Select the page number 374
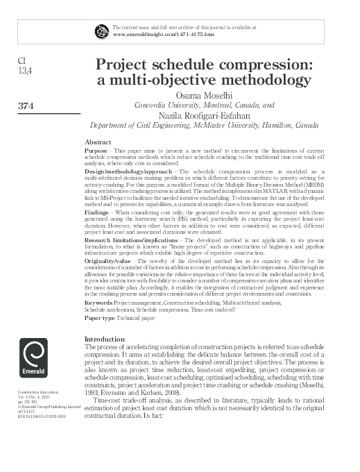pos(25,106)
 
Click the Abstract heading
pos(98,142)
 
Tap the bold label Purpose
pos(95,150)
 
